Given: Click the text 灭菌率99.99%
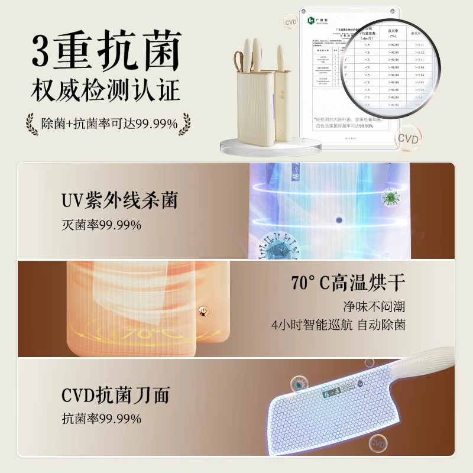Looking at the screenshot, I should [x=101, y=225].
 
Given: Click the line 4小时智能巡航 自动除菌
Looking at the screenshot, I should [x=338, y=325].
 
